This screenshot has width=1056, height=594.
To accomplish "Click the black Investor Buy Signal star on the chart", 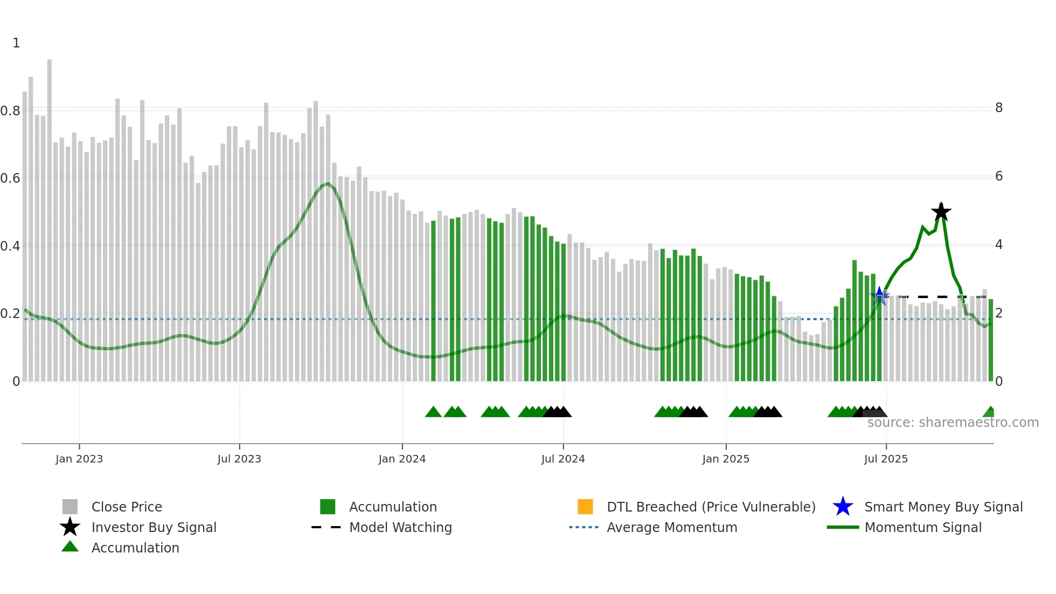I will (x=941, y=212).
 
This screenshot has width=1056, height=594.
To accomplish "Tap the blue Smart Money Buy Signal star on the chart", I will (x=879, y=295).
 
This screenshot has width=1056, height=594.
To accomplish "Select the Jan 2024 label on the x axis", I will (x=402, y=459).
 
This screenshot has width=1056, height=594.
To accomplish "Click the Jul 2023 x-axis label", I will (x=239, y=459).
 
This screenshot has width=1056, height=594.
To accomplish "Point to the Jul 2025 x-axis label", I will (x=886, y=459).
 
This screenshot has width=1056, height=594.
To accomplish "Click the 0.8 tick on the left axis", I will (x=11, y=111).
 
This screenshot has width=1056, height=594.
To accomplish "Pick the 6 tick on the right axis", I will (x=999, y=176).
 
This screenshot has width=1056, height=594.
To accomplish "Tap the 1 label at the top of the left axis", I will (x=16, y=43).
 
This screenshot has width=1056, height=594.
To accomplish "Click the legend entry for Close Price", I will (x=127, y=507).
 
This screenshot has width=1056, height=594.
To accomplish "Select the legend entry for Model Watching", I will (x=400, y=527).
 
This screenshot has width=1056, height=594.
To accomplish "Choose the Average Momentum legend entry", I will (x=672, y=527).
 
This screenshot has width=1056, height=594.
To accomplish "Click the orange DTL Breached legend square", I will (x=585, y=507).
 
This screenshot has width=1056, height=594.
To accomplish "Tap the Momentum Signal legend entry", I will (x=923, y=527).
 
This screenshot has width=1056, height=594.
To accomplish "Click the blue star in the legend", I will (x=843, y=507).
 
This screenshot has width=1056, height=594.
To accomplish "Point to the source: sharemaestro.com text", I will (x=953, y=423).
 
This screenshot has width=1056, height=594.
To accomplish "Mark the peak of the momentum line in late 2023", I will (x=327, y=184).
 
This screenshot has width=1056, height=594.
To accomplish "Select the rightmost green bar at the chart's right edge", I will (x=991, y=340).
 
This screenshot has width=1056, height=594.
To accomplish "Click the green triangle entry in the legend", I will (x=70, y=547).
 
